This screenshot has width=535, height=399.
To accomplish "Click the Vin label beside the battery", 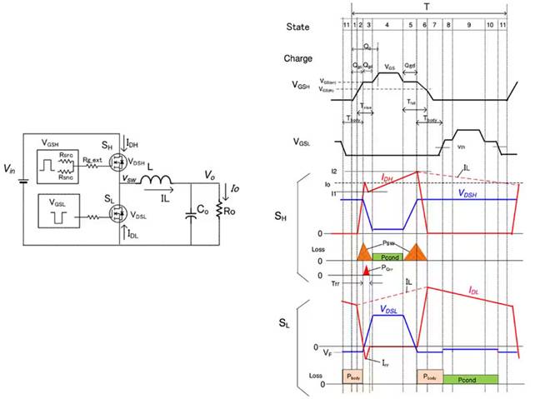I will point(9,170).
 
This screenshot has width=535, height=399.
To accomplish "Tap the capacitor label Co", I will point(204,224).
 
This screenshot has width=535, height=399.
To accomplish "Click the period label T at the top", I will point(427,6).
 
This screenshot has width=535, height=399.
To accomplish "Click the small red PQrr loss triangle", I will point(365,271).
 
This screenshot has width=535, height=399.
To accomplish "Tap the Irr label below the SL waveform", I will point(385,363).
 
